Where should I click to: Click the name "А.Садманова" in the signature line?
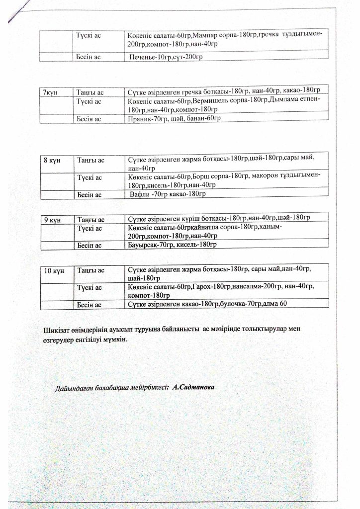193,386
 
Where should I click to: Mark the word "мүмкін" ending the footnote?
115,340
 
